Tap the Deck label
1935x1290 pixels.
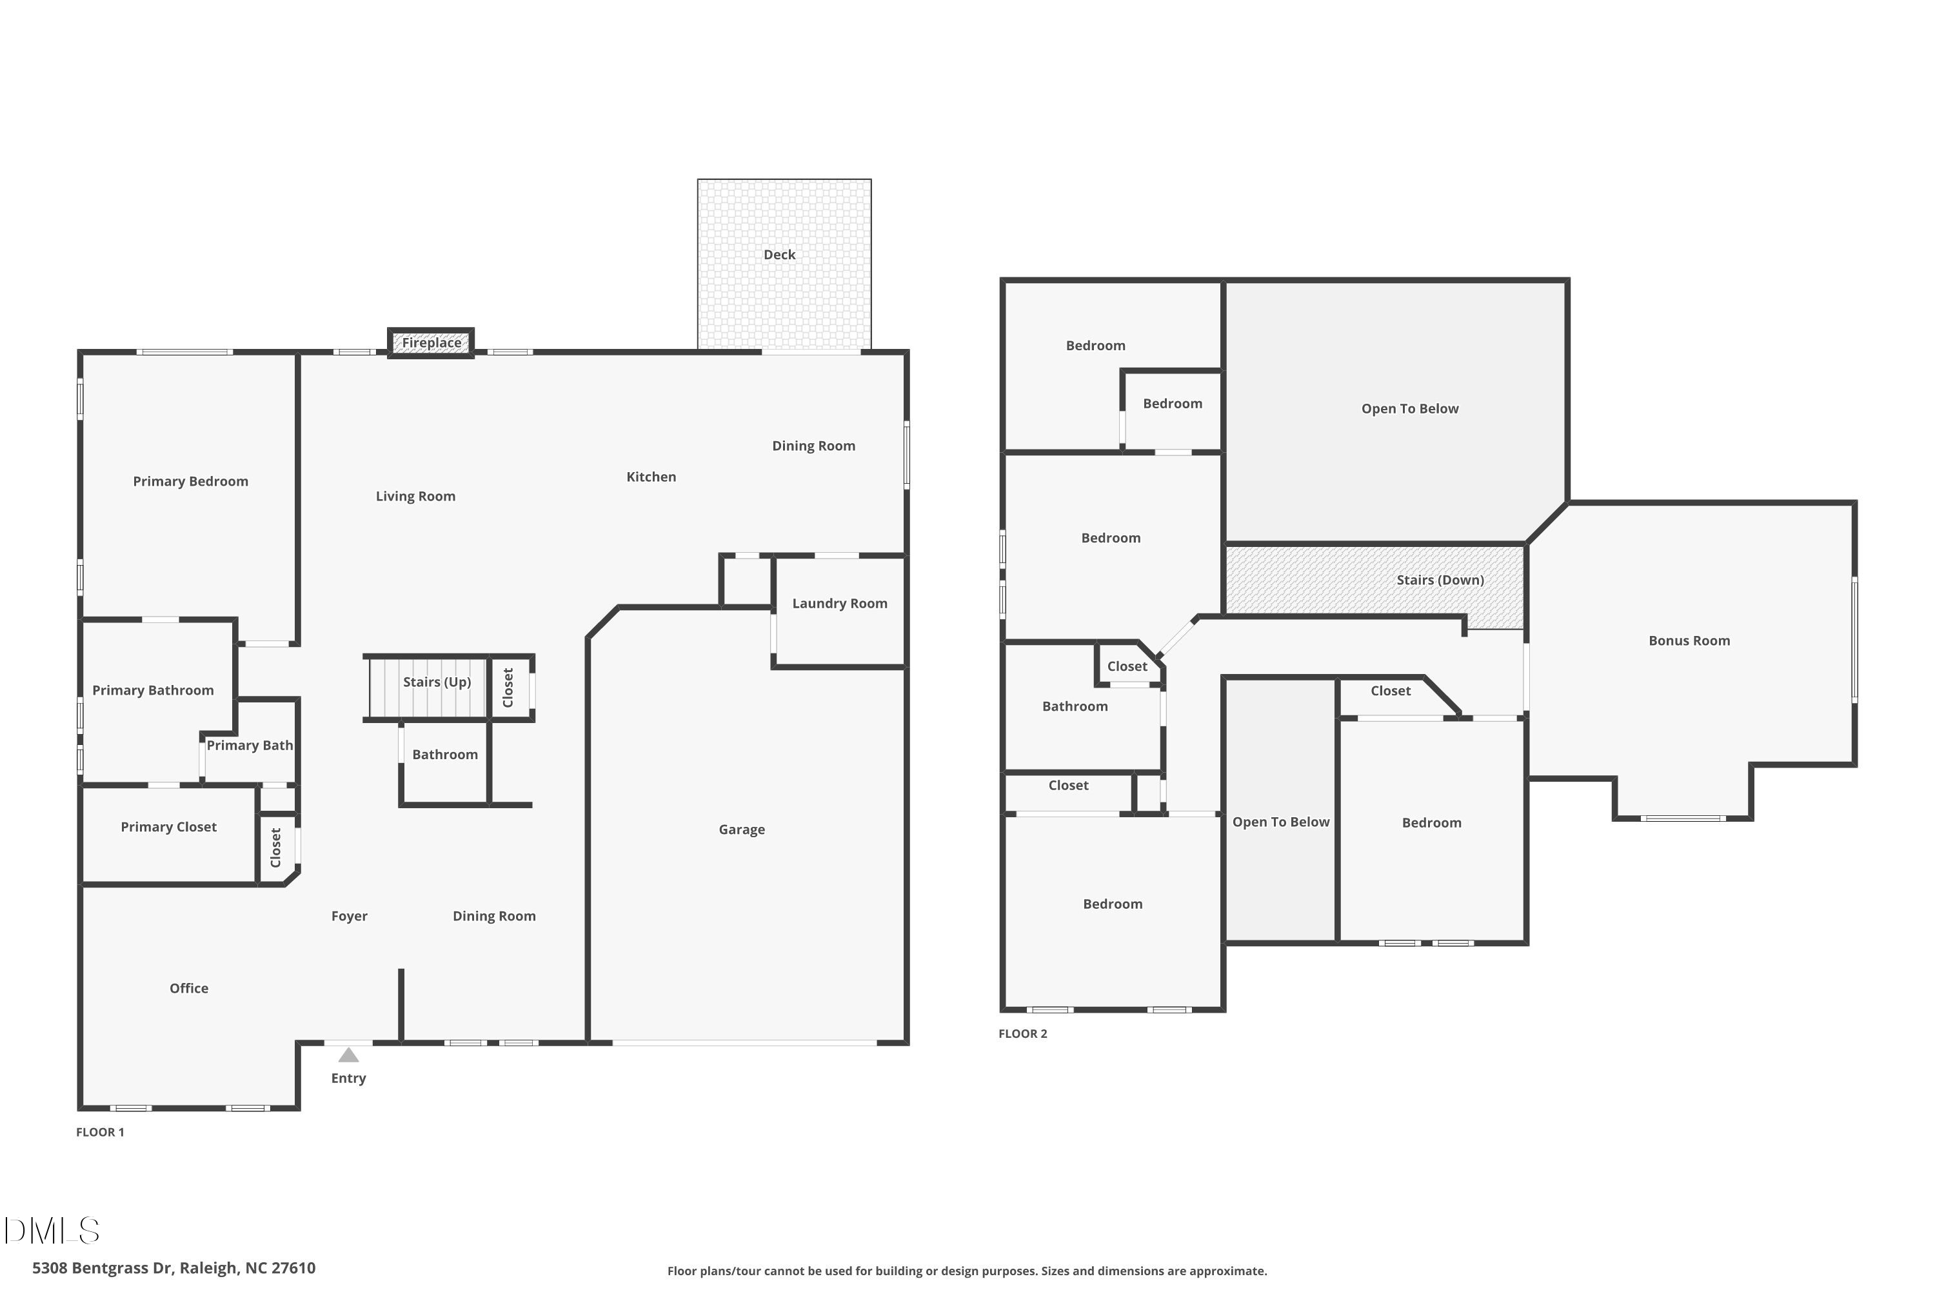pos(779,255)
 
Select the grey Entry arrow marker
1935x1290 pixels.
pos(349,1055)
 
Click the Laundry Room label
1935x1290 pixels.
pos(839,604)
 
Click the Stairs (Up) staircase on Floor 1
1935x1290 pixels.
pos(427,688)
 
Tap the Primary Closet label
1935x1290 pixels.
pos(168,827)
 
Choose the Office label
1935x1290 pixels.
pos(188,988)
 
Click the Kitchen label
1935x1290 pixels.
pos(651,477)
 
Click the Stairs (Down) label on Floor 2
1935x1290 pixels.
pos(1440,580)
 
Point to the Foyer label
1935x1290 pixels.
pos(349,916)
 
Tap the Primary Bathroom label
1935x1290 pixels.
pos(153,690)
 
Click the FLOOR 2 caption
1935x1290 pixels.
pos(1022,1033)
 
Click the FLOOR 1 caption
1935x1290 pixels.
pos(101,1132)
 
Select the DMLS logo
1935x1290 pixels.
pos(52,1231)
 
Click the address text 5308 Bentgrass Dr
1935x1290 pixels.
pos(174,1268)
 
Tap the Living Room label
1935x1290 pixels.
pos(415,496)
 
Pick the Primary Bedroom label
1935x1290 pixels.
pos(190,481)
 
